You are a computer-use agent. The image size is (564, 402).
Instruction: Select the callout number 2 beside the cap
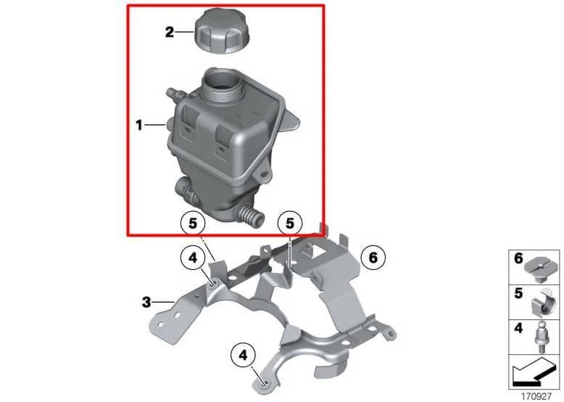pyautogui.click(x=169, y=33)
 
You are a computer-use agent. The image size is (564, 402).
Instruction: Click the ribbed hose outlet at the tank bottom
pyautogui.click(x=248, y=216)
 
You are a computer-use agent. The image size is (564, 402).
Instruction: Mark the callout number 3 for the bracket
pyautogui.click(x=146, y=300)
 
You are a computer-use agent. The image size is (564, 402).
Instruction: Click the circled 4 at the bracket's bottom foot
pyautogui.click(x=243, y=356)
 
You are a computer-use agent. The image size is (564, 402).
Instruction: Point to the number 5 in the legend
pyautogui.click(x=518, y=294)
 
